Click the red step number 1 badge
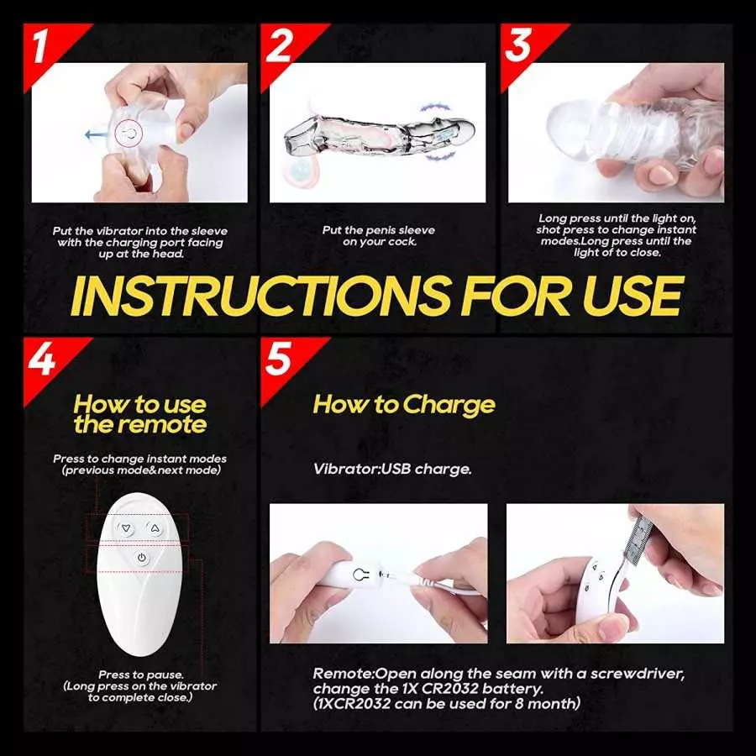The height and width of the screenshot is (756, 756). [x=44, y=48]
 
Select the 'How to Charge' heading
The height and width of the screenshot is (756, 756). [x=404, y=405]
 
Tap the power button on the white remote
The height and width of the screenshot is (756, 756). [x=140, y=557]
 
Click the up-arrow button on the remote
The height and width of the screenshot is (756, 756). [x=155, y=528]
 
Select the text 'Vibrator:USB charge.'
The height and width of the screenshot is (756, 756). [x=392, y=469]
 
